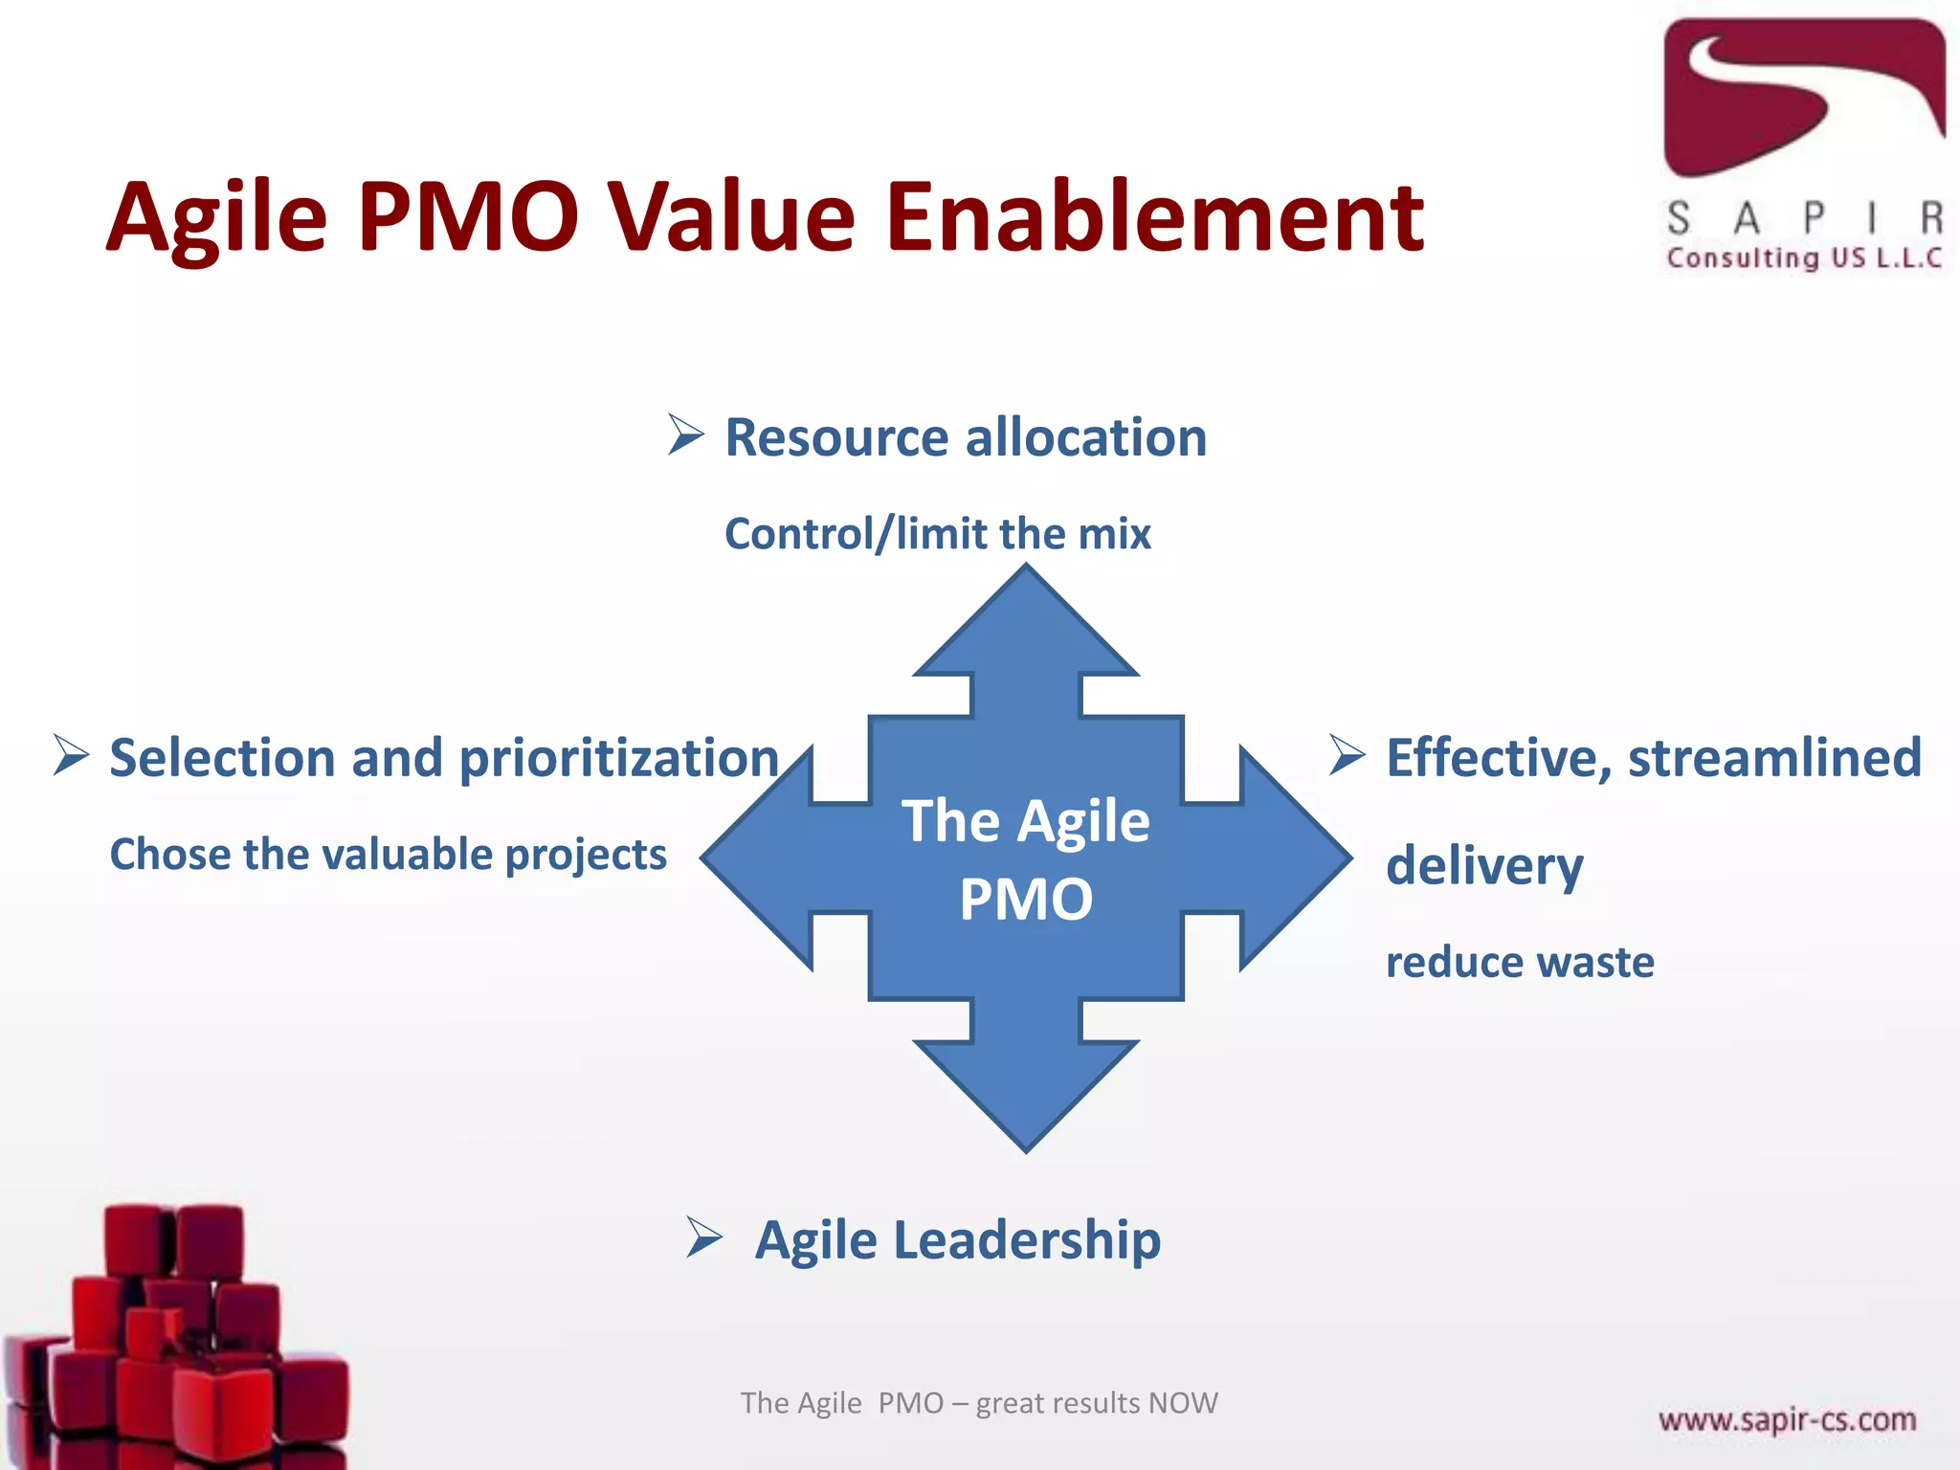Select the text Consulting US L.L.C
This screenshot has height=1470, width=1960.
coord(1804,258)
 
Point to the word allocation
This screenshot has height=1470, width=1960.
coord(1086,438)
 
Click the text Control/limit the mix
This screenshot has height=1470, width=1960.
coord(938,534)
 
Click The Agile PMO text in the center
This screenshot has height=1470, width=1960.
coord(1026,859)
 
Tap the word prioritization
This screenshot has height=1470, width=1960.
coord(618,759)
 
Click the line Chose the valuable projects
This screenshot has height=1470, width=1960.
coord(388,855)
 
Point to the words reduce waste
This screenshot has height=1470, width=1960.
coord(1520,962)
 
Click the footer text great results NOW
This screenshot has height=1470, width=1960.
coord(1097,1403)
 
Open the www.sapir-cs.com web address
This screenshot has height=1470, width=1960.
coord(1787,1419)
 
